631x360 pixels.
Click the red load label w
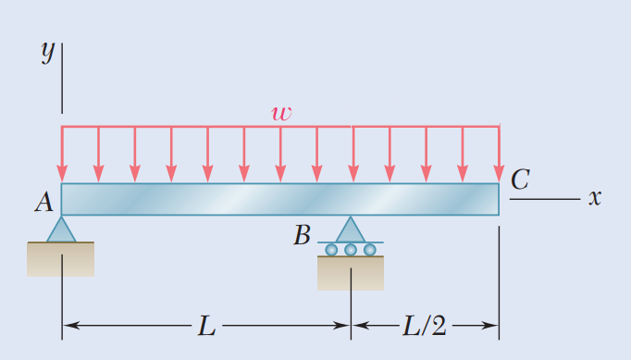[281, 114]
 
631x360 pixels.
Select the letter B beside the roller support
[302, 236]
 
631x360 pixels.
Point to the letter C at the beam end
[520, 180]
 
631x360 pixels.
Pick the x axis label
[596, 197]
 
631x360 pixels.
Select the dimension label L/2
[425, 325]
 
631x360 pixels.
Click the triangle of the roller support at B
[350, 230]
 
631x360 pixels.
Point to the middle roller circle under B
[351, 250]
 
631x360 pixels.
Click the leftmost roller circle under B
[331, 250]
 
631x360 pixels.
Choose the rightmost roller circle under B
[370, 250]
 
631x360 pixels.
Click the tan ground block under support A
[61, 259]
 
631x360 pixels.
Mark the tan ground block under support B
[351, 273]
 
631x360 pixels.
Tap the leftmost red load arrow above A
[62, 154]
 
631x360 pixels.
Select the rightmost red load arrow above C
[499, 154]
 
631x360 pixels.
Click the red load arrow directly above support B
[353, 154]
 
